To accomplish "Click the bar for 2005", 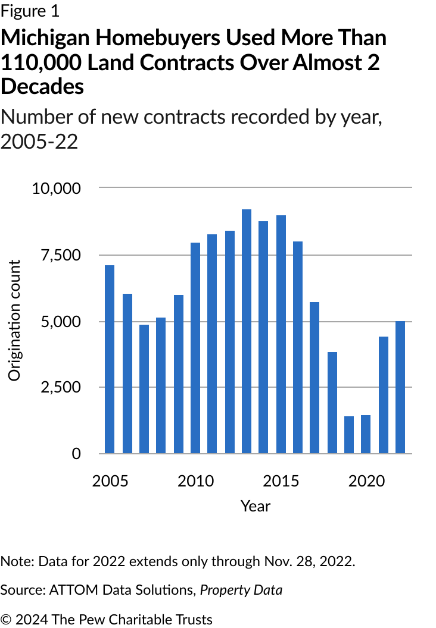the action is (110, 359).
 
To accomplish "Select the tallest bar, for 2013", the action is (247, 331).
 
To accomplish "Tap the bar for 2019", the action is (349, 435).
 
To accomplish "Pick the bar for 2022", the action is (400, 387).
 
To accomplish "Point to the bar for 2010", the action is (195, 348).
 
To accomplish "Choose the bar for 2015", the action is (281, 334).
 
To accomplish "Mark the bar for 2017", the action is (314, 378).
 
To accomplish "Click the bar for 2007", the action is (144, 389).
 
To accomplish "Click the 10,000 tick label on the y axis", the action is (56, 188).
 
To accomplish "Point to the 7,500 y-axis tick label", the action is (61, 255).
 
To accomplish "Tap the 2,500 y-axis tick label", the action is (61, 387).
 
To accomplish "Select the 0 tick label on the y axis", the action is (76, 454).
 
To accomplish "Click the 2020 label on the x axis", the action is (366, 481).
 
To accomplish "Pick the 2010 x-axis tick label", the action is (196, 481).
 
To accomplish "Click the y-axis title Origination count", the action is (14, 321).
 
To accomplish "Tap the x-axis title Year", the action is (256, 506).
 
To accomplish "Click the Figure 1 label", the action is (30, 11).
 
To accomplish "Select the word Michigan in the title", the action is (45, 39).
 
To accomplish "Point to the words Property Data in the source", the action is (241, 590).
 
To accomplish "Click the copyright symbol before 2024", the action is (5, 619).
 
